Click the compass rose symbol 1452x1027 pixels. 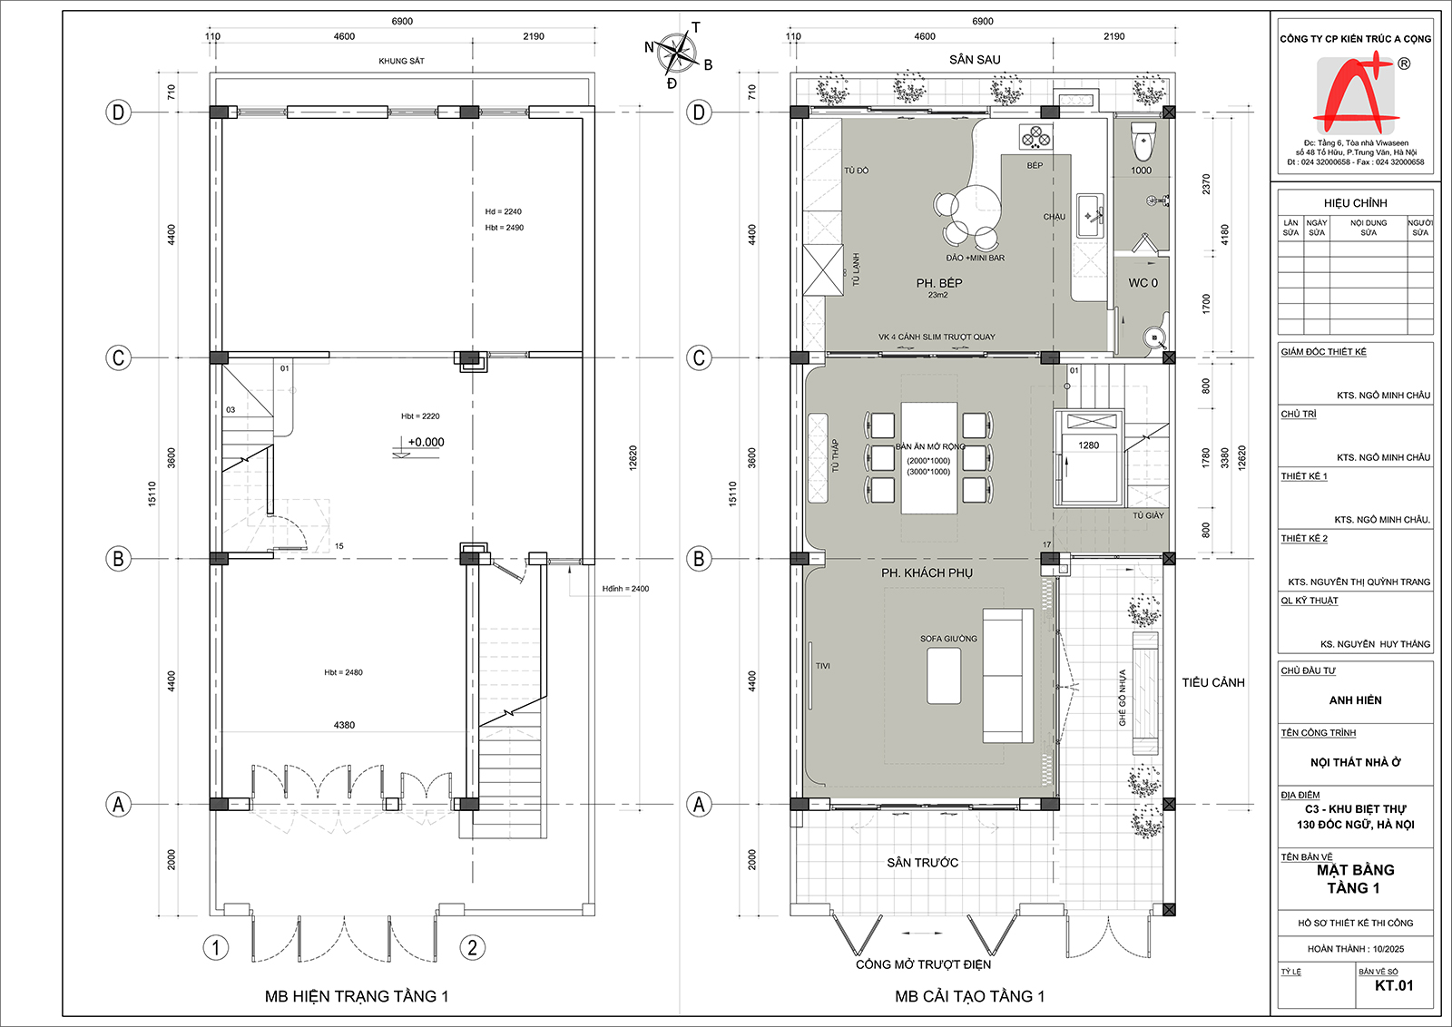tap(676, 54)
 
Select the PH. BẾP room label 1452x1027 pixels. tap(938, 283)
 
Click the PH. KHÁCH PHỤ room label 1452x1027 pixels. tap(927, 572)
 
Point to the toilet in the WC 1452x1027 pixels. tap(1143, 140)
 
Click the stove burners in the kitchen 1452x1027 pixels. tap(1035, 137)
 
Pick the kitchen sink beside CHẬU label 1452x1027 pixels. tap(1090, 214)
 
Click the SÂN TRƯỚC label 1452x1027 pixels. tap(922, 863)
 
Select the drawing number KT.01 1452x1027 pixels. tap(1394, 985)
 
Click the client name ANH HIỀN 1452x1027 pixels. tap(1355, 699)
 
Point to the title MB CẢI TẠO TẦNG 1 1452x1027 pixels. tap(970, 996)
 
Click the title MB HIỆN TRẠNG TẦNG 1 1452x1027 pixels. tap(357, 996)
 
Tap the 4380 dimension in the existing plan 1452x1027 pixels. tap(344, 725)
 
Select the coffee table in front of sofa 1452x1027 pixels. tap(944, 676)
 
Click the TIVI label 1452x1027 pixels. tap(822, 665)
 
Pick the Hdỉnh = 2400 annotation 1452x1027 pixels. tap(625, 588)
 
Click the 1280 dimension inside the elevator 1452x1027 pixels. tap(1088, 445)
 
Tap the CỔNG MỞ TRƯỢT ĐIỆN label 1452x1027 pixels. tap(923, 964)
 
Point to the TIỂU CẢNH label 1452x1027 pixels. tap(1212, 682)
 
